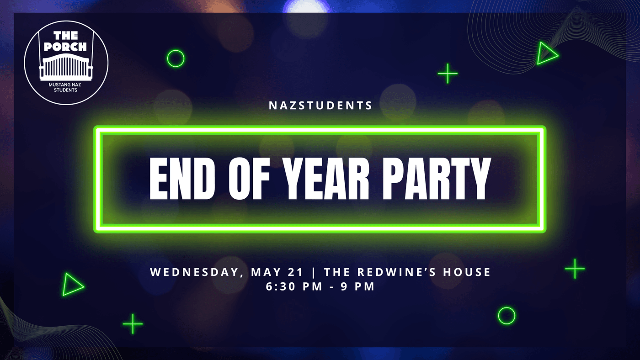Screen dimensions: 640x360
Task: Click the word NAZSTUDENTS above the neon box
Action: [x=320, y=106]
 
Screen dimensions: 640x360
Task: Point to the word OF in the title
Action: [x=249, y=179]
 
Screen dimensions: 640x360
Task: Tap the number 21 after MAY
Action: [x=295, y=272]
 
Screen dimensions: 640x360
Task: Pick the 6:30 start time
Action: [x=281, y=286]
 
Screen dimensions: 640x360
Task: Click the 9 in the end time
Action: [x=344, y=286]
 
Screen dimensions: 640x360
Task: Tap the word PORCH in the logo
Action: [x=65, y=47]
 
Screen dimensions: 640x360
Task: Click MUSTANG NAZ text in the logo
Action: [x=65, y=85]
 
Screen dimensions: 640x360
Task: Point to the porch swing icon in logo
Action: [x=66, y=66]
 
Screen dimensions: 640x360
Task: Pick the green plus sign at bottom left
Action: [x=133, y=324]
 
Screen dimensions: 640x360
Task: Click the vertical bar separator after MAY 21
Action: [x=314, y=272]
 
